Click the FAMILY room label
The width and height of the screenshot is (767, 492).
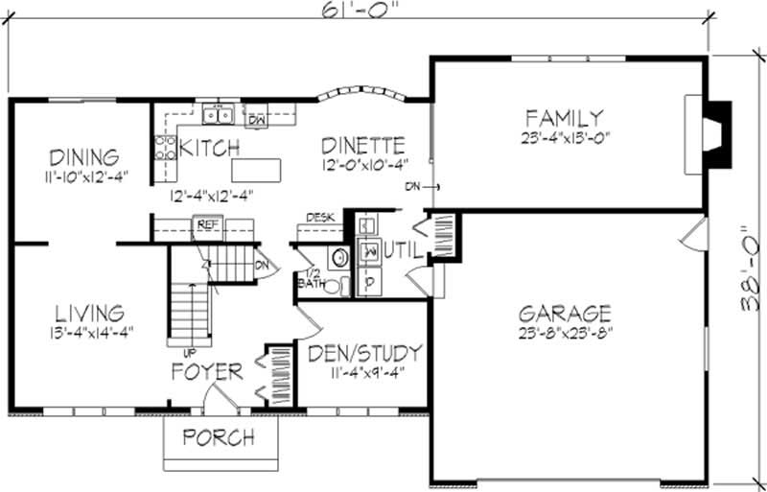point(564,119)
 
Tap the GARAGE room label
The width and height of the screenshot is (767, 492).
point(565,314)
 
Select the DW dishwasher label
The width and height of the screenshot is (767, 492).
point(257,120)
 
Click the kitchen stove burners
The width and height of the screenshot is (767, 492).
point(164,147)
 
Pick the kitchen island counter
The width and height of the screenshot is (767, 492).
point(258,170)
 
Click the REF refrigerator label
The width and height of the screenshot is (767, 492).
point(206,224)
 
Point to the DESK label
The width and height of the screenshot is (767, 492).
point(319,218)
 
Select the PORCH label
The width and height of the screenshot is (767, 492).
point(220,438)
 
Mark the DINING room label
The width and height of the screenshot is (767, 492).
point(84,156)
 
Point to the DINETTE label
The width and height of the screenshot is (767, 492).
point(362,147)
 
